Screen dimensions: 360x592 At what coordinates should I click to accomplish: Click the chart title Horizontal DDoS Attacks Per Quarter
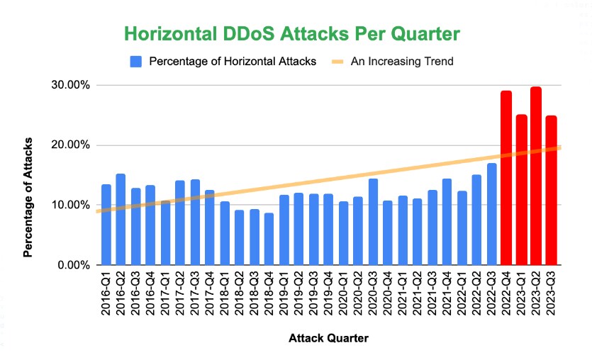tap(292, 33)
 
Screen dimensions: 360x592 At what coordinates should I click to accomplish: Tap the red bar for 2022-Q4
tap(506, 178)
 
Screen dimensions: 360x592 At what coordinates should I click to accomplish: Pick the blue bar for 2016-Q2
tap(121, 219)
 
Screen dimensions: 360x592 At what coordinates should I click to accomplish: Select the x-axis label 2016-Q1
tap(106, 293)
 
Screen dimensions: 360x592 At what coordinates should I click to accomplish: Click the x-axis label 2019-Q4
tap(328, 293)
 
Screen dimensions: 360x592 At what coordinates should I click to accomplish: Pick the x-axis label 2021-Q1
tap(403, 293)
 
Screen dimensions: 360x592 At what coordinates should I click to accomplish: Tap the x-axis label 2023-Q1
tap(521, 293)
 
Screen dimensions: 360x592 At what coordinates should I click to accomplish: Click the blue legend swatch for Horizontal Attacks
tap(137, 62)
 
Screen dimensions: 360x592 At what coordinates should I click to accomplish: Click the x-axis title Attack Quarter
tap(328, 339)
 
